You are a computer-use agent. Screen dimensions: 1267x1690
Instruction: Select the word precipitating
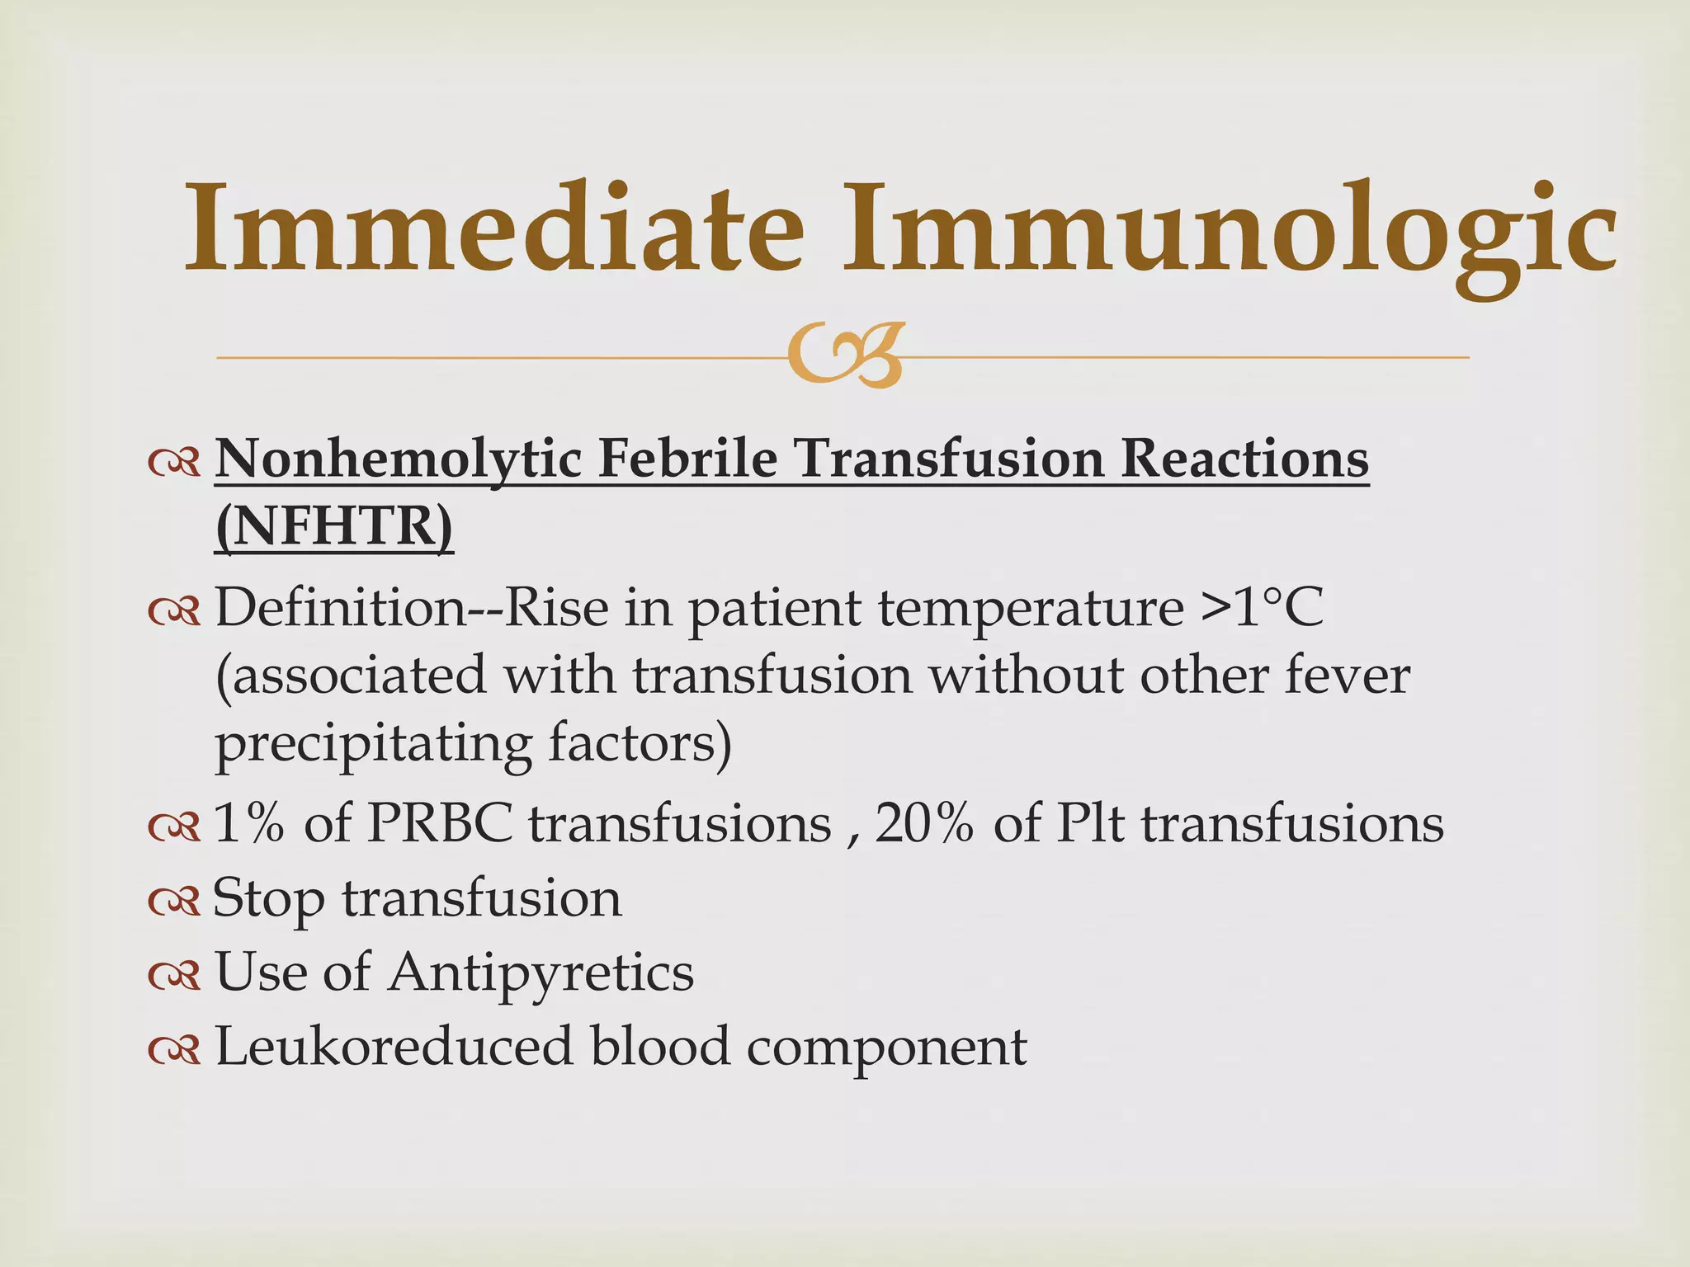373,745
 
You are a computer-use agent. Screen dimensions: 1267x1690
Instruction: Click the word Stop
269,899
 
